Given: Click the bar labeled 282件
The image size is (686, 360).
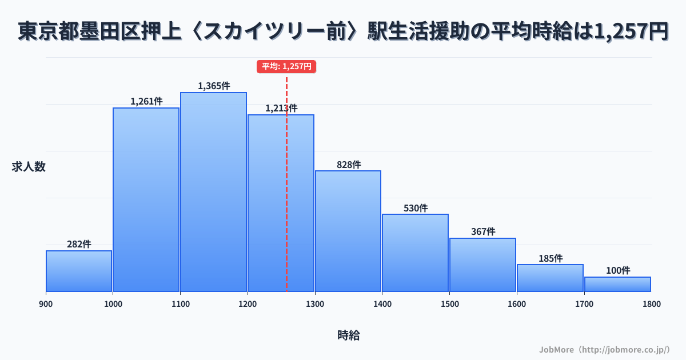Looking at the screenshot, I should click(x=79, y=271).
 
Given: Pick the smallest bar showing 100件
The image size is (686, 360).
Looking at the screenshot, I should click(x=617, y=284).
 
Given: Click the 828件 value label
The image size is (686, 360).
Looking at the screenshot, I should click(x=348, y=165).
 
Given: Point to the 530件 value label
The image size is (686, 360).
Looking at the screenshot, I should click(x=416, y=208).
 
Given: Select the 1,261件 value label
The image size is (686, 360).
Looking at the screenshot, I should click(x=146, y=102).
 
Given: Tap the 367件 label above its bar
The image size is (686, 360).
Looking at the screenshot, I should click(x=483, y=232).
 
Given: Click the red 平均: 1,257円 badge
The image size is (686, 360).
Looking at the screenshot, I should click(x=286, y=66).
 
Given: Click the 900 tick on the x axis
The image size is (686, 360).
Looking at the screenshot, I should click(x=46, y=304).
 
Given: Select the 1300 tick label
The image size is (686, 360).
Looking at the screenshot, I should click(x=315, y=304).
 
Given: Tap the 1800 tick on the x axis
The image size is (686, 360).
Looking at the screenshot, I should click(x=651, y=304).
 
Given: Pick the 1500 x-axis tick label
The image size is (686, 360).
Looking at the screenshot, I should click(x=449, y=304).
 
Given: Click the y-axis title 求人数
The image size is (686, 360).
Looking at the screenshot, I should click(x=29, y=167).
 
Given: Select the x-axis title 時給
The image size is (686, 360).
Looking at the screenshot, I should click(x=348, y=335).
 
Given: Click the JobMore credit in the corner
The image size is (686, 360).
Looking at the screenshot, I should click(x=604, y=349).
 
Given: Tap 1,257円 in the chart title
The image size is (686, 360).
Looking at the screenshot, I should click(x=631, y=32).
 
